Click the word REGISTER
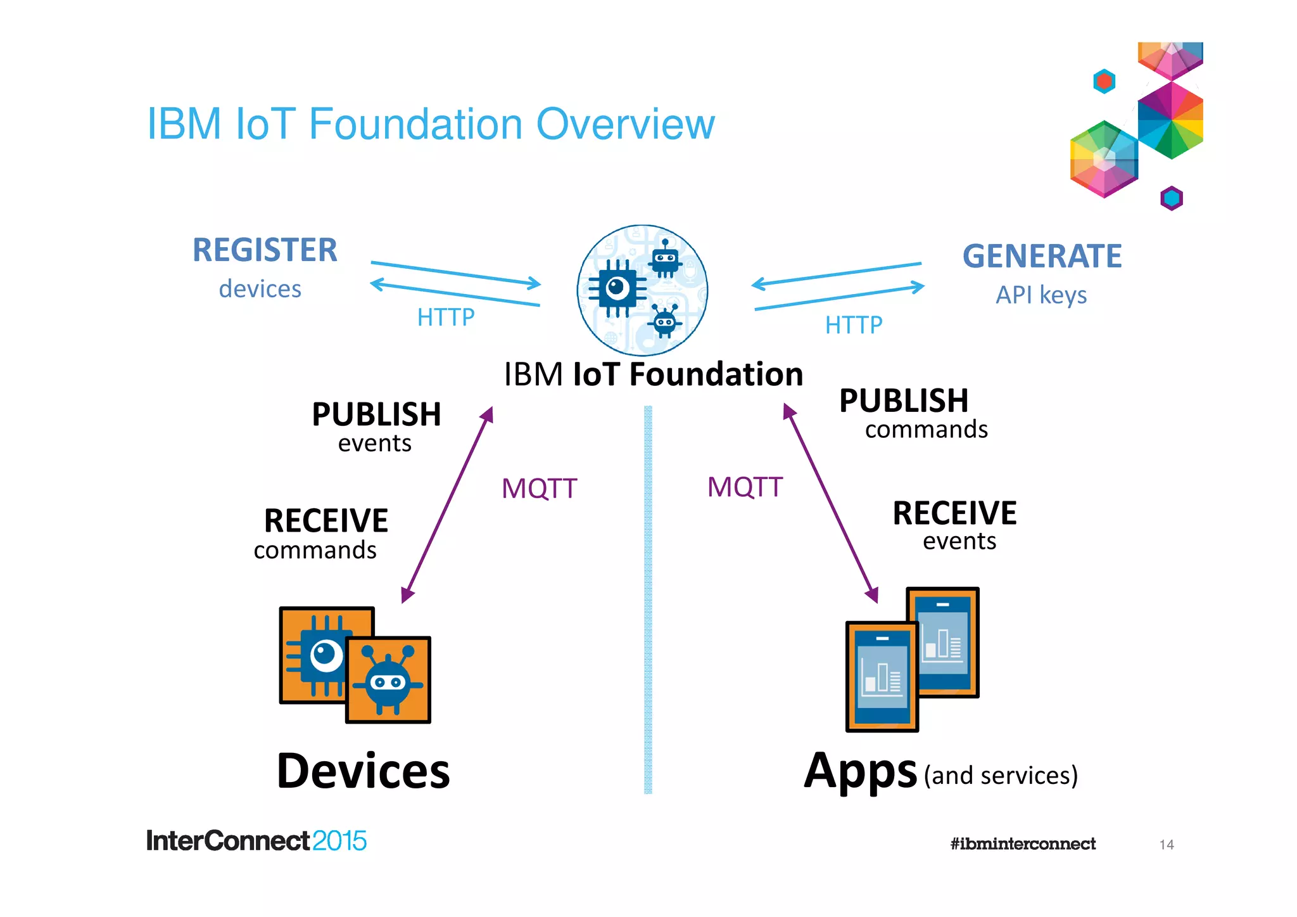point(265,250)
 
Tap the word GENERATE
point(1042,256)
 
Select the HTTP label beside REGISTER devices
point(445,317)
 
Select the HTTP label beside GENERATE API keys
point(853,325)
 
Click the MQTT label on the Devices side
point(539,489)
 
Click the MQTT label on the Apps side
point(745,487)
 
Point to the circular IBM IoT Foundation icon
point(642,290)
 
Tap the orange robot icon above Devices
point(388,680)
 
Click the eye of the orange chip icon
point(326,653)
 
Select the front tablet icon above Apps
point(882,676)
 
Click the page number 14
point(1167,844)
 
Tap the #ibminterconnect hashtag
point(1022,843)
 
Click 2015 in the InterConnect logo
point(339,841)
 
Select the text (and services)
point(1001,775)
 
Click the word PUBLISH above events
point(376,414)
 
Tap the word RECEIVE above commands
point(326,521)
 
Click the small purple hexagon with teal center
point(1171,198)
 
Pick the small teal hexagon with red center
point(1104,81)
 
